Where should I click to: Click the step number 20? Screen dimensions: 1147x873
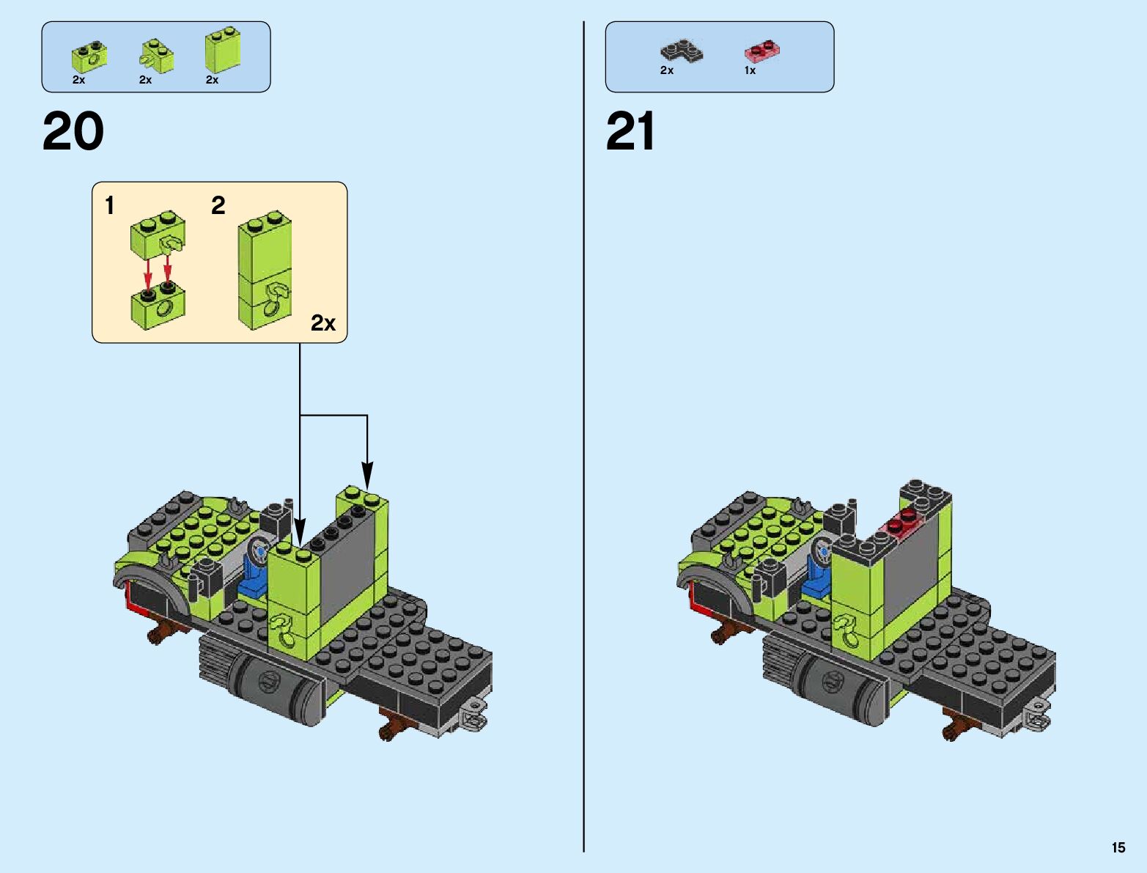(x=73, y=133)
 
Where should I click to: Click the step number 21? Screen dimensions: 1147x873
(x=630, y=133)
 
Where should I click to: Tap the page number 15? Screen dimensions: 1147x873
(x=1118, y=847)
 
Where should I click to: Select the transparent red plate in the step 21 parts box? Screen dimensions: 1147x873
(x=761, y=51)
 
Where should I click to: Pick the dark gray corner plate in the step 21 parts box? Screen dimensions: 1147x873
(x=681, y=51)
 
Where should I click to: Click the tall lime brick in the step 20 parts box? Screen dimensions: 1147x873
(x=222, y=50)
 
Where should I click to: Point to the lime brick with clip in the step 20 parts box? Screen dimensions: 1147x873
(x=157, y=56)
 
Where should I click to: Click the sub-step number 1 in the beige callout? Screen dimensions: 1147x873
(x=110, y=206)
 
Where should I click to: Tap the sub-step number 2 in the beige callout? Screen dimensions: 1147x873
(x=218, y=206)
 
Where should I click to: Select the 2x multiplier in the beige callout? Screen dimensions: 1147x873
(x=322, y=323)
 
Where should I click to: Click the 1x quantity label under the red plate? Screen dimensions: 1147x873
(x=750, y=71)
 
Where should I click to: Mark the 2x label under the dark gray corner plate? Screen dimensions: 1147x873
(x=666, y=71)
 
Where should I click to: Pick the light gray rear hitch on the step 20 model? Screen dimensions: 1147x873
(x=473, y=714)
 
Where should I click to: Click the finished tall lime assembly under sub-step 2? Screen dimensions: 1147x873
(x=264, y=271)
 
